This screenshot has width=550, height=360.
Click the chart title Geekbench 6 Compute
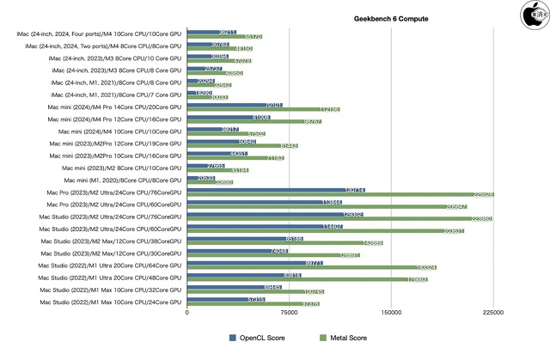point(391,18)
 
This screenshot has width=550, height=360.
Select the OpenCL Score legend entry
point(262,338)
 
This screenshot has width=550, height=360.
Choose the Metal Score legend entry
point(346,338)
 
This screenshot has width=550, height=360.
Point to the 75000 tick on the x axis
point(290,314)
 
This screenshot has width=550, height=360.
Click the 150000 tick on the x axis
point(392,314)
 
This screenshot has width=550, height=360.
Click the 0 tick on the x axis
point(187,314)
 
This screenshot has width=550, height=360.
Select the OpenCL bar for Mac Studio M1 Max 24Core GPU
point(226,300)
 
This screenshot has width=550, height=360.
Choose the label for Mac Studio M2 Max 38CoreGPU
point(111,241)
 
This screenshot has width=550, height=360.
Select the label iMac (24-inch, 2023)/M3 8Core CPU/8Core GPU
point(102,70)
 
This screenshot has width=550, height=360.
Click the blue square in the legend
point(232,338)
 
